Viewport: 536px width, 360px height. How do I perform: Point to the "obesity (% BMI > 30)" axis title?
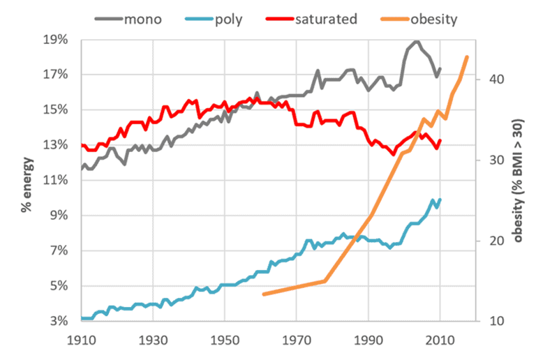[519, 180]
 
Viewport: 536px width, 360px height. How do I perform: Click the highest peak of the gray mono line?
[417, 41]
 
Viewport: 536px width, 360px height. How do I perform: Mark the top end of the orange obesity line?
[467, 57]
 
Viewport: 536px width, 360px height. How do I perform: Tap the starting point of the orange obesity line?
[264, 294]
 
